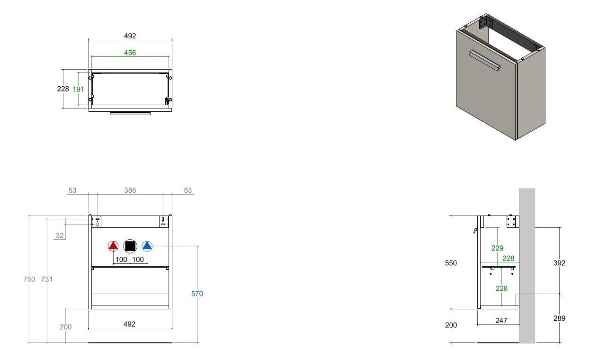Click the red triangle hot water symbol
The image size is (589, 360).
113,246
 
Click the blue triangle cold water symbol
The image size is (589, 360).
147,246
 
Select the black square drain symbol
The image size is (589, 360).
130,246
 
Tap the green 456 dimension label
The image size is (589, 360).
130,53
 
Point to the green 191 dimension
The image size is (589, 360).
78,89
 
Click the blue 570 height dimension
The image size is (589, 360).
197,294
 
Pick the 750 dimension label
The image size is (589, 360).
29,279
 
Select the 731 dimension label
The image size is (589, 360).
47,279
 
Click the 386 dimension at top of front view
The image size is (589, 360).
130,190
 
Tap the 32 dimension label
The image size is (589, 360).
60,235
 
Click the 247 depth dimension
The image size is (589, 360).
501,321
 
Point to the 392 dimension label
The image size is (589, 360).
559,263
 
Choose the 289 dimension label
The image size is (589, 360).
559,318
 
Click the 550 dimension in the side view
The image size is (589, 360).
451,263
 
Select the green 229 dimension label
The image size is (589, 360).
497,248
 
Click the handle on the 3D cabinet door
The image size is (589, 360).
485,61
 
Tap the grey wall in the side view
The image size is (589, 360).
527,266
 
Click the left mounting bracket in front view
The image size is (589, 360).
97,222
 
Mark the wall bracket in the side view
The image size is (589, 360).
511,222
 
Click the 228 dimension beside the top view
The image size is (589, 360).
63,89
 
